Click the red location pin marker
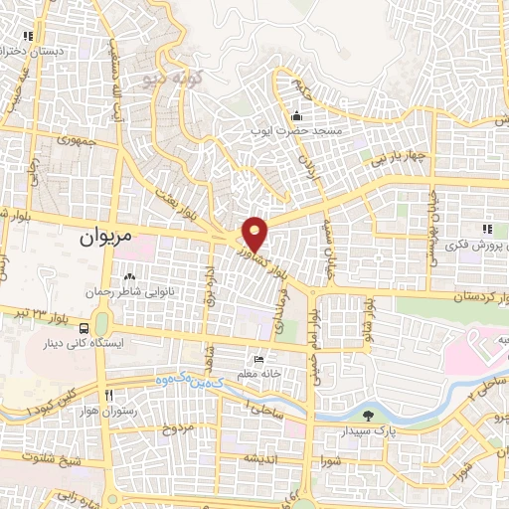255,233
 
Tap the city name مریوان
102,239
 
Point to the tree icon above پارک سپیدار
370,416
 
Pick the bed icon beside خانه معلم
259,359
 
